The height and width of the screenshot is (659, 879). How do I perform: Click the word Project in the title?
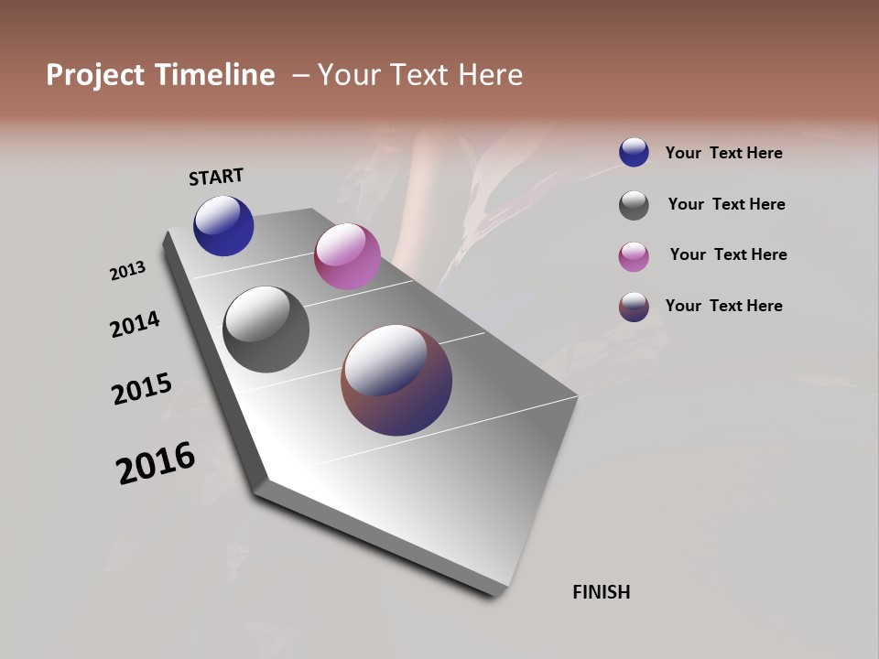click(93, 75)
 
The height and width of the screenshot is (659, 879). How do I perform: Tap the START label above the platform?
click(216, 177)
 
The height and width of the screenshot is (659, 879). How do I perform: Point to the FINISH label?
click(602, 592)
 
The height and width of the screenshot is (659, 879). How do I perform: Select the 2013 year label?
click(127, 271)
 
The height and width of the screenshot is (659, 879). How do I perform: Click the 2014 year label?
click(135, 324)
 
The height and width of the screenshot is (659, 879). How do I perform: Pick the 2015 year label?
click(142, 389)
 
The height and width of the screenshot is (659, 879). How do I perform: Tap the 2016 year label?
click(156, 463)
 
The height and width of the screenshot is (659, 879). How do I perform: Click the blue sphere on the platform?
click(223, 226)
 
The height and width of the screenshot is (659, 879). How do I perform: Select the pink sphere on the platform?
click(347, 256)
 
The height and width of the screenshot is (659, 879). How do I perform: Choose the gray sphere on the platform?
click(266, 329)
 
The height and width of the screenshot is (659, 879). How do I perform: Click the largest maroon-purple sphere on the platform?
click(396, 380)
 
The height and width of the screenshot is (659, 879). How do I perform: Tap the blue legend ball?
click(634, 152)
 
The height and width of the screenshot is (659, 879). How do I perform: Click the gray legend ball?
click(634, 205)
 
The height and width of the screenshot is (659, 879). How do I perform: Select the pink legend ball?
click(634, 256)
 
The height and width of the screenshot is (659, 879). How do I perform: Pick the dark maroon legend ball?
click(634, 307)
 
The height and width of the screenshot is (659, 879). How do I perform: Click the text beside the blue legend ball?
click(724, 153)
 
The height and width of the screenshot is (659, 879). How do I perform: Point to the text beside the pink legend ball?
click(728, 254)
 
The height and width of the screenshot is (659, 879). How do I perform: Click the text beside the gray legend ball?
click(726, 204)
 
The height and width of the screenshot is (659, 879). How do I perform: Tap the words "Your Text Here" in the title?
click(420, 75)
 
